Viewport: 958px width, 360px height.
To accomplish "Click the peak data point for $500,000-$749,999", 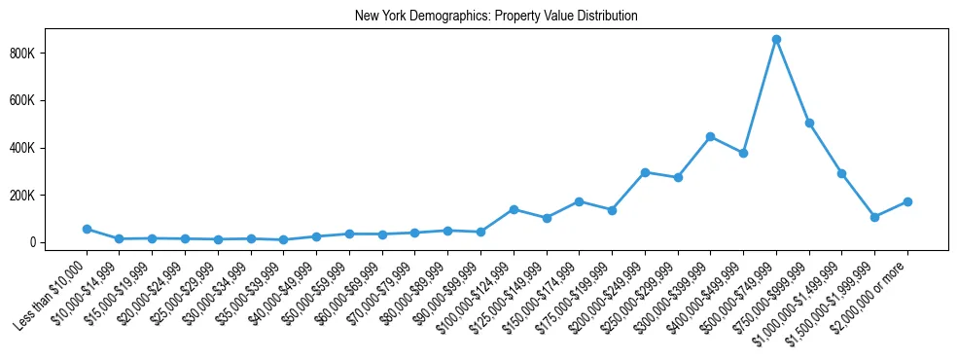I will (x=776, y=40).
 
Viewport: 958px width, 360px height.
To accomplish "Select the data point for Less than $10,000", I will (x=87, y=229).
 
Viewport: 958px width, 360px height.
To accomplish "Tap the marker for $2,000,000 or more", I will (x=907, y=201).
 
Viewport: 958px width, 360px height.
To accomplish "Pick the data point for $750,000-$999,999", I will (x=809, y=123).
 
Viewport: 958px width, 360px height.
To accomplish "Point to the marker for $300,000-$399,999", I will (x=710, y=136).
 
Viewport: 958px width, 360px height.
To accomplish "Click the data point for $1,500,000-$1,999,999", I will (x=874, y=217).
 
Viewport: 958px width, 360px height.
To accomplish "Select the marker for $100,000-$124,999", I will (x=514, y=209).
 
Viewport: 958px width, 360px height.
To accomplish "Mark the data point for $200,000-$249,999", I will (x=645, y=172).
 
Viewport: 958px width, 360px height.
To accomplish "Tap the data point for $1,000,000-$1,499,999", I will (x=841, y=173).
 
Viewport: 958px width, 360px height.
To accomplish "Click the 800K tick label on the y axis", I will (x=48, y=54).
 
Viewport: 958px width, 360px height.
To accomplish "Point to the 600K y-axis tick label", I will (x=48, y=101).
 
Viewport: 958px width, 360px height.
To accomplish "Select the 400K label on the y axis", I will (x=48, y=148).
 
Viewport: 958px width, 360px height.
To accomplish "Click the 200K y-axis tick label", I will (x=48, y=196).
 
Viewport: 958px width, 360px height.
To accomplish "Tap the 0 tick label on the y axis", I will (x=58, y=242).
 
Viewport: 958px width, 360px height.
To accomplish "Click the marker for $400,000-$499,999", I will (x=743, y=153).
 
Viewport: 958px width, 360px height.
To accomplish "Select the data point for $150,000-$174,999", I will (x=579, y=201).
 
